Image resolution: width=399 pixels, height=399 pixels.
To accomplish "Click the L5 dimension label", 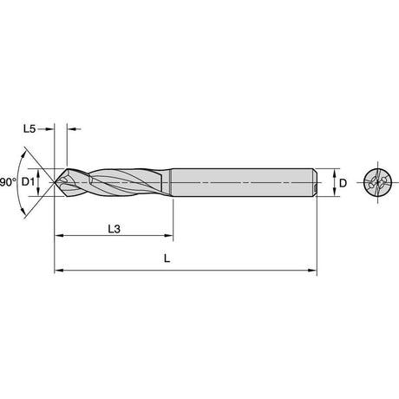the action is [x=29, y=129].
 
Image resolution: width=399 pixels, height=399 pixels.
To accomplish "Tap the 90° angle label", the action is [x=8, y=182].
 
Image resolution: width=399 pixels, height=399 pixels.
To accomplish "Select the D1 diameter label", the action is [x=28, y=182].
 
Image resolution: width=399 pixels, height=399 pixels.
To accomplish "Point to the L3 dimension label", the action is [x=114, y=229].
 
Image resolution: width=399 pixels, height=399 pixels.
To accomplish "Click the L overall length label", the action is [x=167, y=258].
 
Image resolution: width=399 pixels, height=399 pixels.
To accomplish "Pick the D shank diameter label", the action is [x=343, y=183].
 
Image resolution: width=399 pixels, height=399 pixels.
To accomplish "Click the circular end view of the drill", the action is [x=378, y=182].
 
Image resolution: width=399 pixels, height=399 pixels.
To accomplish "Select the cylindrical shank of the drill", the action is [x=244, y=182].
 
